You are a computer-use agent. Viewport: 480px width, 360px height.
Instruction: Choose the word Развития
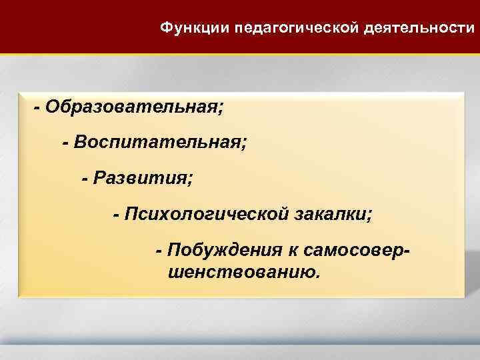click(x=141, y=178)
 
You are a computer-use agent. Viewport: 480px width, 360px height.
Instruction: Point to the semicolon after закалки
click(x=371, y=216)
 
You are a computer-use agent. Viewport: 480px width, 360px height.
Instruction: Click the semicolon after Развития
click(x=191, y=180)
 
